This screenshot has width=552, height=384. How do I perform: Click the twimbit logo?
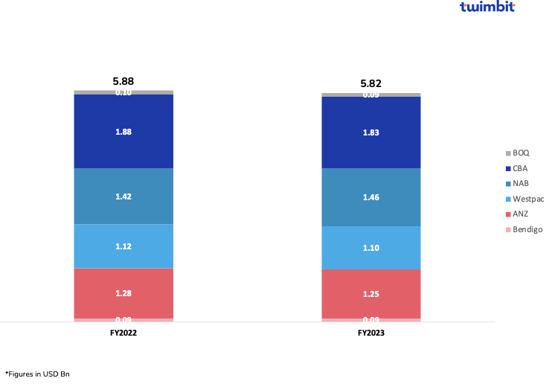487,7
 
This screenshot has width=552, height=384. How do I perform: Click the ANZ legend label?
520,214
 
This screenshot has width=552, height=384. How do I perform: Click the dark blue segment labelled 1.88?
123,132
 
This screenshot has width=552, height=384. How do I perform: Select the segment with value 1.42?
123,196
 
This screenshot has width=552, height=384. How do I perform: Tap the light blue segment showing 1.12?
123,246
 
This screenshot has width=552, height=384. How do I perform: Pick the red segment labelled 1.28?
123,293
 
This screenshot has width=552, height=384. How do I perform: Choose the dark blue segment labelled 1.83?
371,132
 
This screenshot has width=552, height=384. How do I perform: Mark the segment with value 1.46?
371,198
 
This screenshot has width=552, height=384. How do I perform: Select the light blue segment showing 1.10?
371,248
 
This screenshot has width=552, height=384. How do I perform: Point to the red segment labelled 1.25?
371,294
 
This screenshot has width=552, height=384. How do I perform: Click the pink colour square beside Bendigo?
509,229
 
